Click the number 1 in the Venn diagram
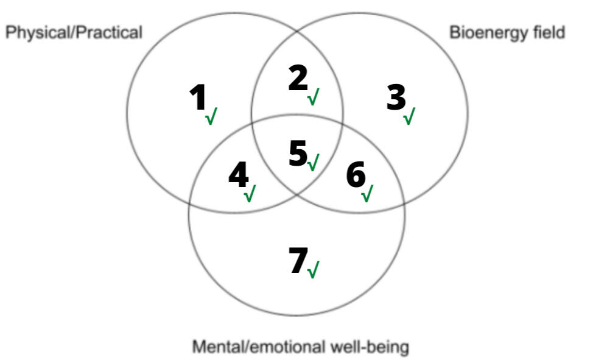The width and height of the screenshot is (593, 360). click(x=198, y=98)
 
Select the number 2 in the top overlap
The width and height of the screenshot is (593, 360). click(x=297, y=79)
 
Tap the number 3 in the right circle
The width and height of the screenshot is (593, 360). click(x=396, y=97)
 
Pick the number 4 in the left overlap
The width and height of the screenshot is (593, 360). click(x=238, y=176)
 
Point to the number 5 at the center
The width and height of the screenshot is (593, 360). click(x=298, y=153)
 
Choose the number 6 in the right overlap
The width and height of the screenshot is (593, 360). click(x=356, y=176)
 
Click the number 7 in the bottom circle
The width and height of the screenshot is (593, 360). click(x=298, y=261)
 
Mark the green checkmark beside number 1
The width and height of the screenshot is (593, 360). click(x=211, y=116)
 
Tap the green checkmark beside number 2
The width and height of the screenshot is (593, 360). click(x=314, y=96)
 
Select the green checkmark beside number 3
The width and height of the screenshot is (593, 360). click(x=409, y=116)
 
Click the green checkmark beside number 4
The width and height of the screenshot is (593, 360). click(x=250, y=194)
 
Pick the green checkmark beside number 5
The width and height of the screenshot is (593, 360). click(x=314, y=163)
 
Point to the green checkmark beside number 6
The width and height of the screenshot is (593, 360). click(x=367, y=194)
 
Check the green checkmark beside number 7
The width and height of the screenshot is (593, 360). click(x=313, y=270)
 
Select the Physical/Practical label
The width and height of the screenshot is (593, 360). click(x=74, y=32)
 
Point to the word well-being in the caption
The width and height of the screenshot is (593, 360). click(x=372, y=348)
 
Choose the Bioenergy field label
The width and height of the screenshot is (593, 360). click(x=507, y=32)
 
